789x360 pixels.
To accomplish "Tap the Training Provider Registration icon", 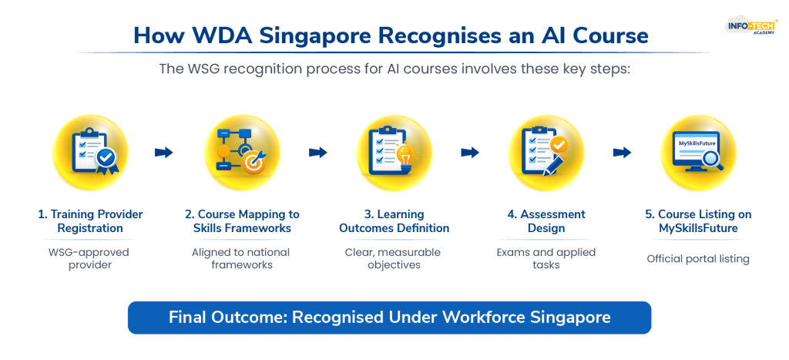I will point(89,153).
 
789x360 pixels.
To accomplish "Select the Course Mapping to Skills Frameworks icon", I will point(242,153).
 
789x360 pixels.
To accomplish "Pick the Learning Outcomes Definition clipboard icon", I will point(394,153).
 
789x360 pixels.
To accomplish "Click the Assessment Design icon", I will point(546,153).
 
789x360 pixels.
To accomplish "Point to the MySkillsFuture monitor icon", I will point(698,153).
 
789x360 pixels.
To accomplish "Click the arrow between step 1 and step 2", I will point(164,153).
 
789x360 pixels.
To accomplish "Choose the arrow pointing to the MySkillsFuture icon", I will point(622,153).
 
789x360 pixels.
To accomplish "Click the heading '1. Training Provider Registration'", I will point(90,221).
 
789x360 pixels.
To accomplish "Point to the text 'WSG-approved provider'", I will point(90,258).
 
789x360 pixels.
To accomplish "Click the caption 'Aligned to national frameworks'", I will point(242,258).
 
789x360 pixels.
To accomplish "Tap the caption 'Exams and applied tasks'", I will point(546,258).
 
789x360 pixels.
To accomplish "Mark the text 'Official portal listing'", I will point(698,259).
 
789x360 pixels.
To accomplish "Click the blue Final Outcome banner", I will point(389,318).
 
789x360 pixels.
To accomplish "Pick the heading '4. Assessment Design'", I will point(546,221).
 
